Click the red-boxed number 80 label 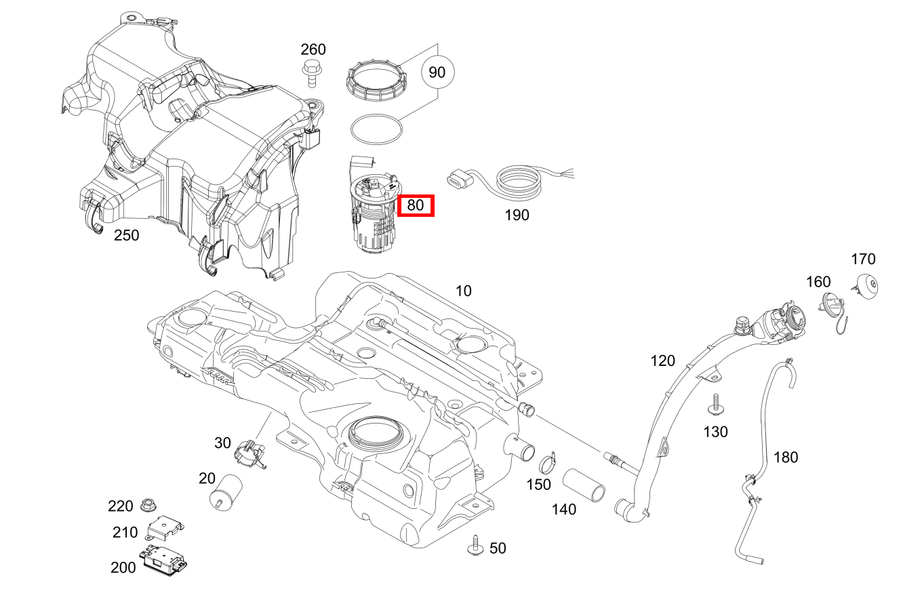(x=416, y=205)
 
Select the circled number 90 (x=437, y=72)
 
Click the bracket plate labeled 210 (x=165, y=527)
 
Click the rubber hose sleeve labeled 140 (x=584, y=487)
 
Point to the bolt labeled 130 (x=714, y=406)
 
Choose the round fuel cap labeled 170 (x=866, y=286)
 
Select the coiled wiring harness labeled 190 (x=519, y=182)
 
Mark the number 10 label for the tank (x=463, y=291)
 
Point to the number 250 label (x=126, y=235)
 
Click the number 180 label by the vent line (x=786, y=457)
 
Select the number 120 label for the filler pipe (x=662, y=360)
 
